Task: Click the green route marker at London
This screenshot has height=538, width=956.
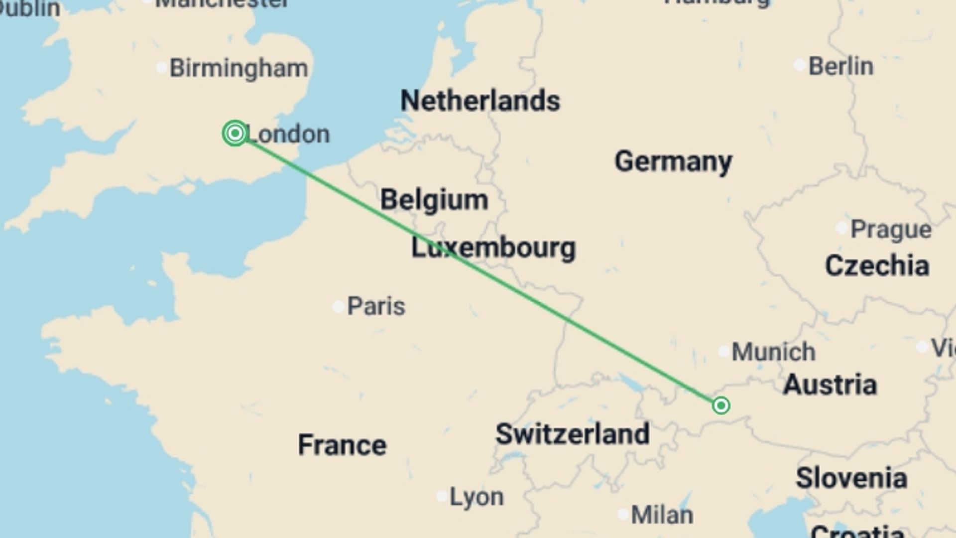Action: point(235,133)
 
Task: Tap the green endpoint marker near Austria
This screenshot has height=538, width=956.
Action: point(721,405)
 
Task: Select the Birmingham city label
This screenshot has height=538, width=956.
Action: point(239,68)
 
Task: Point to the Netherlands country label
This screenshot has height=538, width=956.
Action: point(480,101)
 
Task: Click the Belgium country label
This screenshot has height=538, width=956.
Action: point(434,200)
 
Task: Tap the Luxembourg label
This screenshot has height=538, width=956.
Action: point(493,248)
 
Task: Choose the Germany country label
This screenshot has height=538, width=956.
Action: point(673,162)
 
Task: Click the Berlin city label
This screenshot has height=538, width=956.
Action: point(840,66)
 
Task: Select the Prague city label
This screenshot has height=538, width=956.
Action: point(891,230)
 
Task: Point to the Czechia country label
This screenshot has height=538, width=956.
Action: point(877,266)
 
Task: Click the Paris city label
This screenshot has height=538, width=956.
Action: point(376,306)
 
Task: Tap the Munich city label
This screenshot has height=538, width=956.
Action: point(773,352)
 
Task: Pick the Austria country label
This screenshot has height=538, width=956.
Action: point(830,385)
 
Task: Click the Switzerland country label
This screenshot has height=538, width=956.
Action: point(572,434)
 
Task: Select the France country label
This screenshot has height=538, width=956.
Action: point(342,445)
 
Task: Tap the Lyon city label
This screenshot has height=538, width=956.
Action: point(477,497)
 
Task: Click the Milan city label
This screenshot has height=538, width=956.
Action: point(662,515)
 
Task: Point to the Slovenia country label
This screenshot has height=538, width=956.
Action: point(851,478)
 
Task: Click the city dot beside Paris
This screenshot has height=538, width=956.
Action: point(338,306)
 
